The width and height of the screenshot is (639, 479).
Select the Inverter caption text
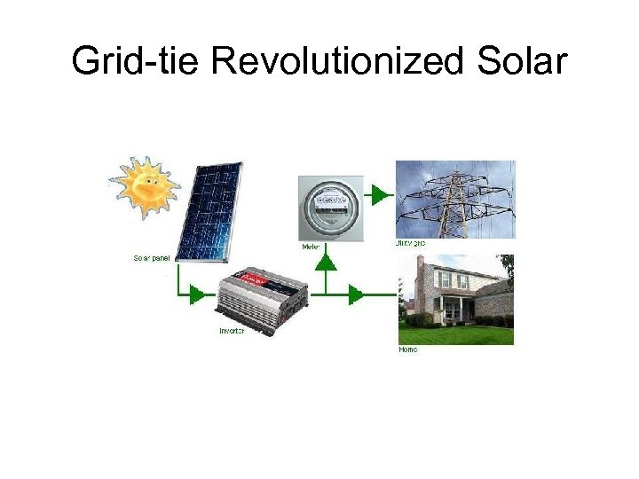pos(232,331)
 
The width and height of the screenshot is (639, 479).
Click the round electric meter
pos(330,208)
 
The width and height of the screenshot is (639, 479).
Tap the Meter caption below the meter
pos(312,246)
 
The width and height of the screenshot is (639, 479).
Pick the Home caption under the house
pos(407,349)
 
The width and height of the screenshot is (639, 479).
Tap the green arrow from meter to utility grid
pos(381,193)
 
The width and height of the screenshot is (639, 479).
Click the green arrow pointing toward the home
pos(356,294)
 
